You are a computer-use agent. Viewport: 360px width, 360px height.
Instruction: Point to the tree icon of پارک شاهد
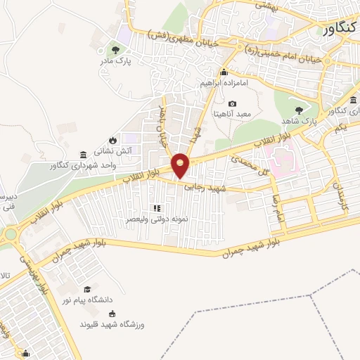(x=300, y=110)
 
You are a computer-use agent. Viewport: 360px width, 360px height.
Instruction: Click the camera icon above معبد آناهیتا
(x=232, y=104)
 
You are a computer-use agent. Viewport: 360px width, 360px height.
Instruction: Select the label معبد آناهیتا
(x=233, y=114)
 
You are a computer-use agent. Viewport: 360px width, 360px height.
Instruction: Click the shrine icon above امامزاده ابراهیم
(x=224, y=72)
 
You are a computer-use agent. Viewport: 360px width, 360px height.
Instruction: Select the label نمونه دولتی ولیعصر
(x=157, y=219)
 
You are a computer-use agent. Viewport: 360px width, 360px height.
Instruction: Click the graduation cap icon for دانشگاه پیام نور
(x=87, y=288)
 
